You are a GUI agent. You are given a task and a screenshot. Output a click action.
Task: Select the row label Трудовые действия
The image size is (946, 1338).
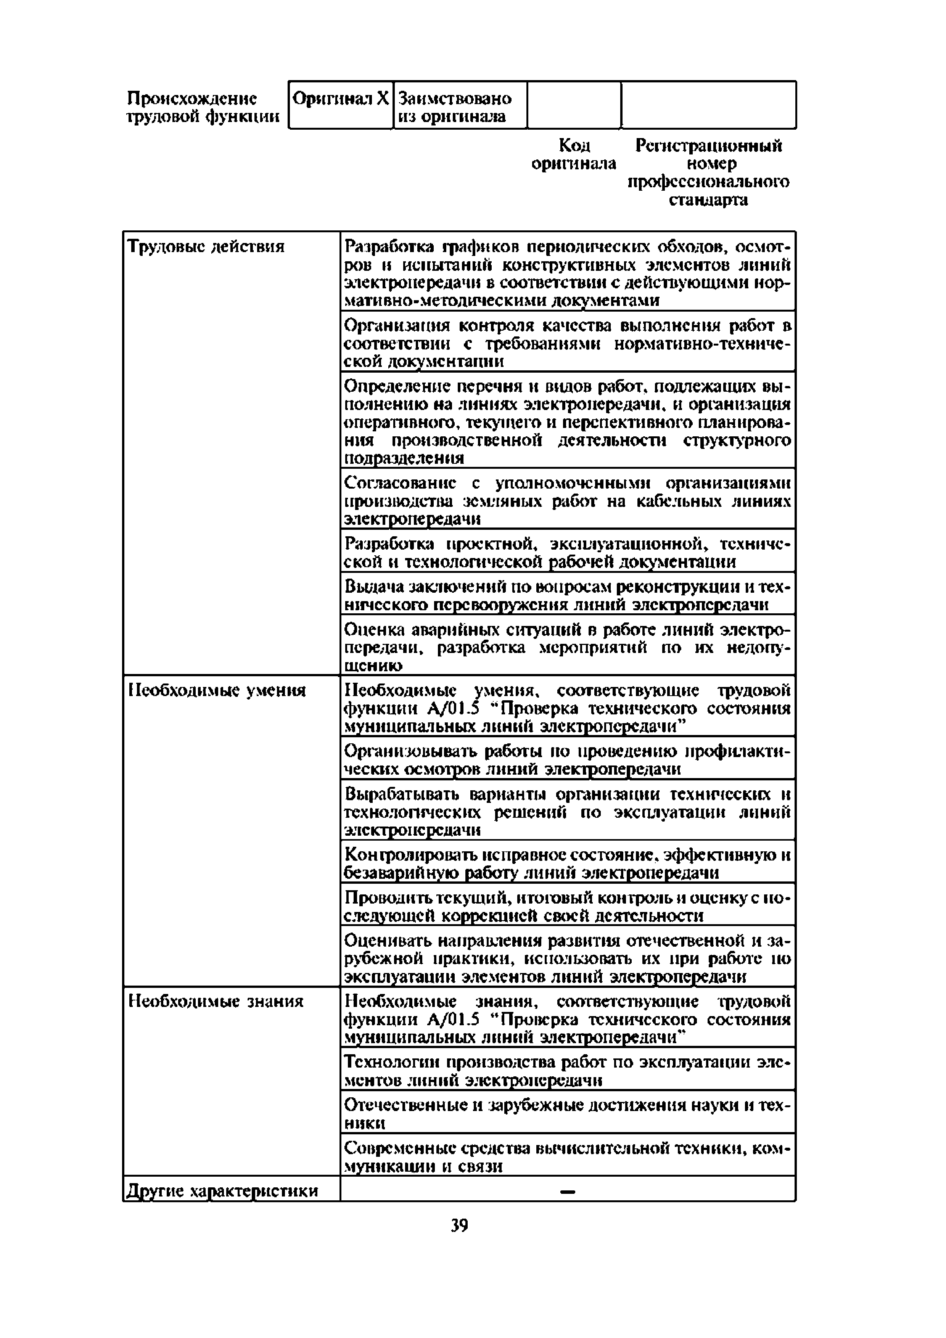(206, 247)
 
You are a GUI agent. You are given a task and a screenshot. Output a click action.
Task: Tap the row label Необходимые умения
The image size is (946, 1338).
(216, 691)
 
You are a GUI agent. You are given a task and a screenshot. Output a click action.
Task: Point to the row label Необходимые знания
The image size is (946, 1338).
(216, 1001)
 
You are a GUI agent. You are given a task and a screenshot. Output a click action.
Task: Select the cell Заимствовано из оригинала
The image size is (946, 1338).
(455, 107)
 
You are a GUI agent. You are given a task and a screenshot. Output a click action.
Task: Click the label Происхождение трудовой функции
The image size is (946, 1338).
(203, 107)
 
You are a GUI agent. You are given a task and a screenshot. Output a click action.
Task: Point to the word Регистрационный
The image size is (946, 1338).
(708, 145)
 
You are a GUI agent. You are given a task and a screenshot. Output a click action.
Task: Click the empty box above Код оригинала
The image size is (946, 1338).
(574, 105)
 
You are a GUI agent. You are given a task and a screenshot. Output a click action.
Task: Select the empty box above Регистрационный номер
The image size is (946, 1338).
(708, 105)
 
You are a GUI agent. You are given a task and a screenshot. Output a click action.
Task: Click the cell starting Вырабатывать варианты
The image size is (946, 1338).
(567, 811)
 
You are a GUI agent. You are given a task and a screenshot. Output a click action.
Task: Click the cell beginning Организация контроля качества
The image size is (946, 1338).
(567, 343)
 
